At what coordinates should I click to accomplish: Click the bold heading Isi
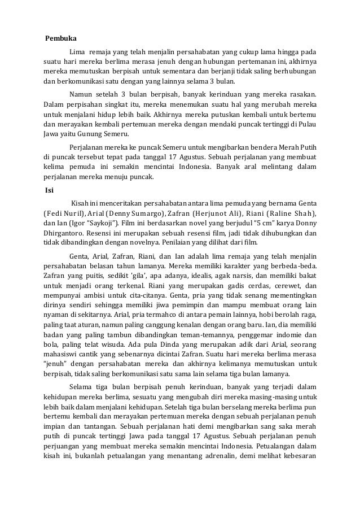(x=49, y=189)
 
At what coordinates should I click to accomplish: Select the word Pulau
(x=305, y=124)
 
